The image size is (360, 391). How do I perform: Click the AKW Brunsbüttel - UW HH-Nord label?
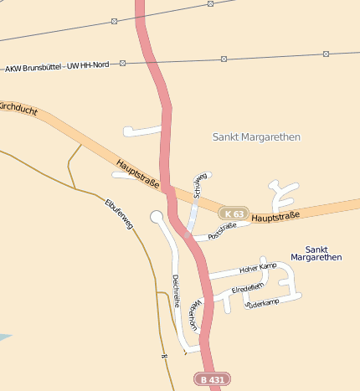click(x=57, y=66)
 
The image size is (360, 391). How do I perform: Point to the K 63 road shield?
click(x=234, y=214)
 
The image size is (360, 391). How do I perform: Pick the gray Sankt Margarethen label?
click(x=256, y=136)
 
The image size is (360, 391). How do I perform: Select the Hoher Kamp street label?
click(x=257, y=267)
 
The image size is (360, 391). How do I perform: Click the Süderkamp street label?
click(x=262, y=302)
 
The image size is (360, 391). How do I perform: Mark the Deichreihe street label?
click(x=176, y=290)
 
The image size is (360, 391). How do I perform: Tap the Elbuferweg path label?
click(x=119, y=214)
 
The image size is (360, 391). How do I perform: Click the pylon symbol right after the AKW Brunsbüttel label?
click(x=122, y=64)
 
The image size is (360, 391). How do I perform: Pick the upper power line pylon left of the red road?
click(x=114, y=21)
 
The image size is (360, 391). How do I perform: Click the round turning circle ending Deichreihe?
click(x=156, y=217)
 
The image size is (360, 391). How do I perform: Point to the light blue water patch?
click(x=4, y=337)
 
